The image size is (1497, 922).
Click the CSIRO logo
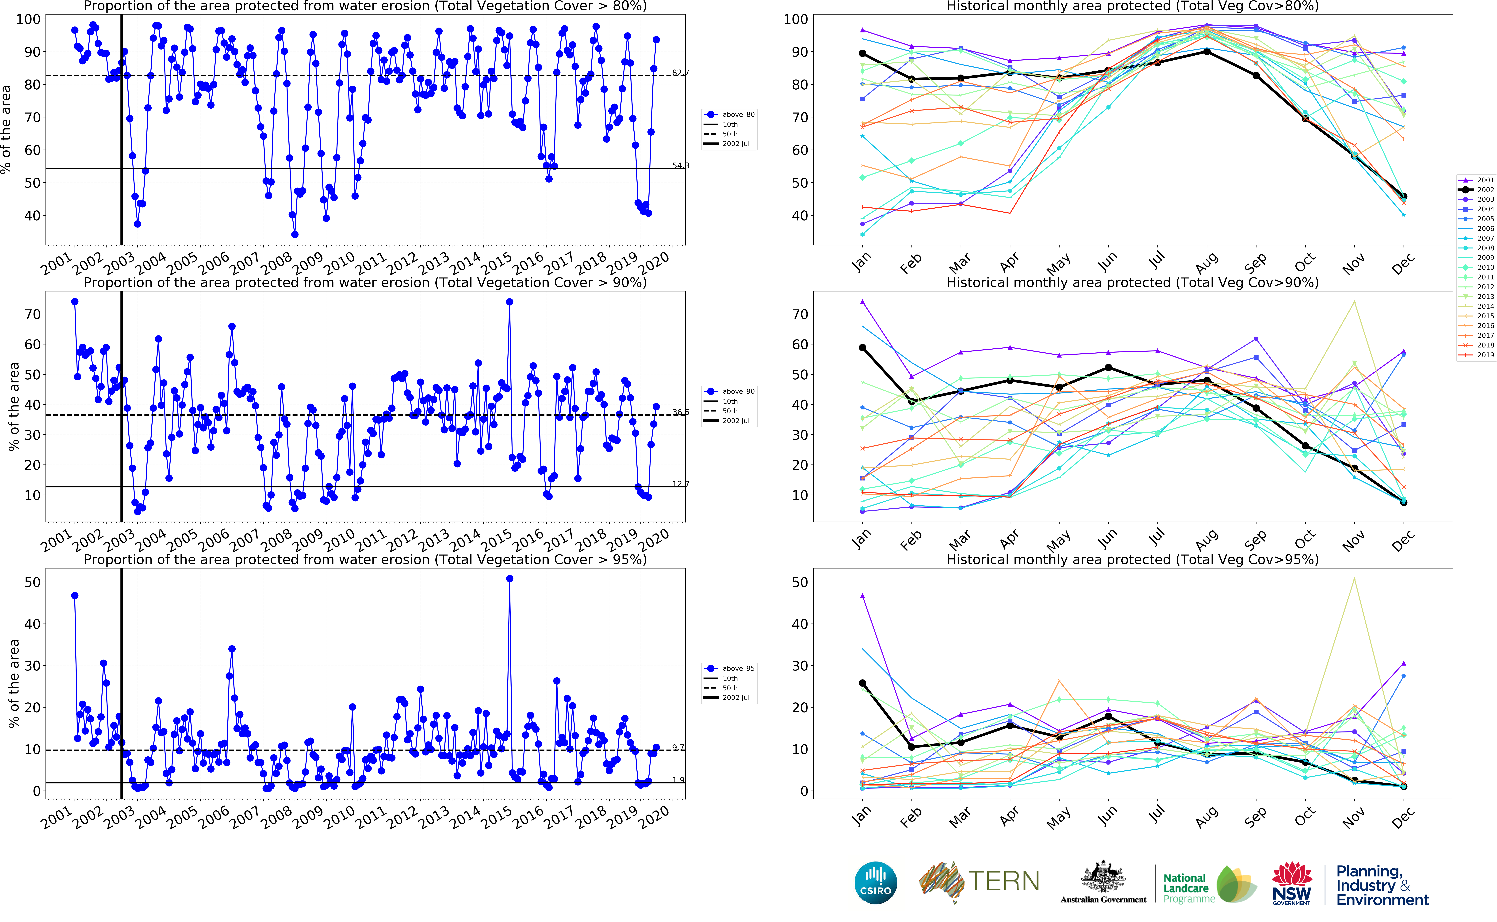(x=876, y=883)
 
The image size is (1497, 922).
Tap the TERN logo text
(x=1003, y=881)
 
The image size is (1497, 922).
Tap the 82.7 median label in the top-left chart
(x=681, y=72)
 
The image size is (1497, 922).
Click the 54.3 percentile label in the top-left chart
(x=681, y=165)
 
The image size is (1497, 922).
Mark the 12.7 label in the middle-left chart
(x=681, y=484)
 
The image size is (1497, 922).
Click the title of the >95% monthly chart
(x=1132, y=559)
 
